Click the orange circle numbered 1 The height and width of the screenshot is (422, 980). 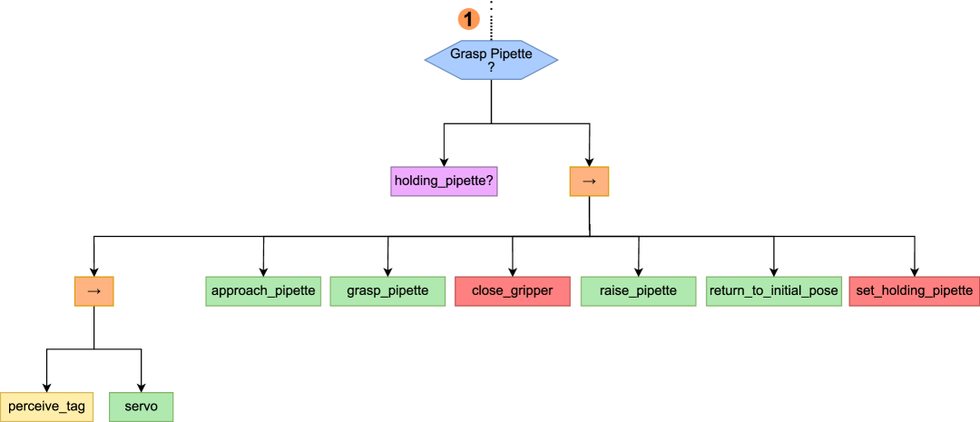[468, 18]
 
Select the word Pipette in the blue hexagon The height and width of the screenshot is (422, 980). [512, 54]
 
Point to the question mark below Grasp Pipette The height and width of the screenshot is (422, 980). [491, 67]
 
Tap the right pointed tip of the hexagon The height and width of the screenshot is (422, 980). [557, 60]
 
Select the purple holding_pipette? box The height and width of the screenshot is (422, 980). [444, 182]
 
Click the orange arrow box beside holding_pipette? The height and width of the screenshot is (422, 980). [589, 182]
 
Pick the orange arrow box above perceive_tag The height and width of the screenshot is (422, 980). [93, 291]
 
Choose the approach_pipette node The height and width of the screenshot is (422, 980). [263, 291]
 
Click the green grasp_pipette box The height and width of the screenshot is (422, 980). [387, 291]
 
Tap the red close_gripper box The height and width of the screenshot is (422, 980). [512, 291]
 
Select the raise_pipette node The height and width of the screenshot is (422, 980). [638, 291]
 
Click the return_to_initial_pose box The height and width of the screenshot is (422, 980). [774, 291]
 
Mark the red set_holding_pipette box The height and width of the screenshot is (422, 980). [914, 291]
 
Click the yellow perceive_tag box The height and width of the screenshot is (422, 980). [46, 407]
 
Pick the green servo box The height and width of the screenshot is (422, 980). [141, 407]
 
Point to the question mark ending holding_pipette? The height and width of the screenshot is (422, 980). [490, 182]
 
